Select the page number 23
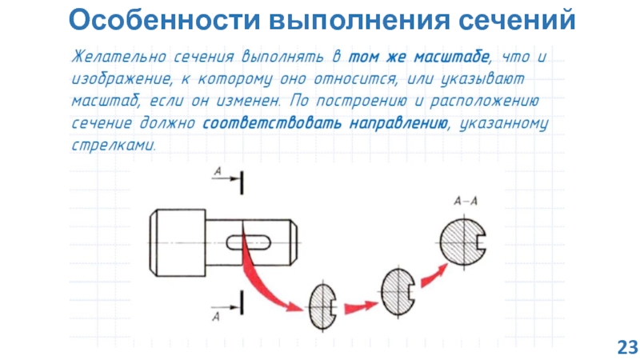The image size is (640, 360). point(626,346)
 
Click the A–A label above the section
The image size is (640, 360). point(466,202)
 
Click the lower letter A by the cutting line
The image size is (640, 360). point(216,316)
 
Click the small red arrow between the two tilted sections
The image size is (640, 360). point(359,304)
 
